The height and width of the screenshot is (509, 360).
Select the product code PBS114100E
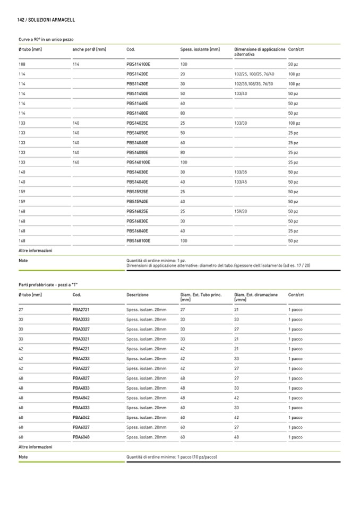pyautogui.click(x=139, y=64)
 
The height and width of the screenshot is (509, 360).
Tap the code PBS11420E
pyautogui.click(x=138, y=74)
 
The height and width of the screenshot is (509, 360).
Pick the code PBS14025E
pyautogui.click(x=138, y=123)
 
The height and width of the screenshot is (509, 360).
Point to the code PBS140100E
pyautogui.click(x=139, y=162)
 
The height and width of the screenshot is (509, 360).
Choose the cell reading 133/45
pyautogui.click(x=241, y=182)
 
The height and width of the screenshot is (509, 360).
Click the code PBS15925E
pyautogui.click(x=138, y=191)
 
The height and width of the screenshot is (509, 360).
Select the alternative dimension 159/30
pyautogui.click(x=241, y=211)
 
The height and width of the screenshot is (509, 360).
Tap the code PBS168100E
pyautogui.click(x=139, y=240)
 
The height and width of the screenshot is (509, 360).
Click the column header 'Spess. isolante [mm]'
pyautogui.click(x=200, y=49)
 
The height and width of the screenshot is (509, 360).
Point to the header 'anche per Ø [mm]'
pyautogui.click(x=89, y=49)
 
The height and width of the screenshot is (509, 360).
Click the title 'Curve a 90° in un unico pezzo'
pyautogui.click(x=46, y=39)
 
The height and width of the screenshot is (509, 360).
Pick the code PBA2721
pyautogui.click(x=81, y=309)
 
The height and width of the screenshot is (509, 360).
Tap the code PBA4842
pyautogui.click(x=81, y=398)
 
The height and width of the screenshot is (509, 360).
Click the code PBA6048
pyautogui.click(x=81, y=437)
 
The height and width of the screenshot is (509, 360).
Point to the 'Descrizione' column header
pyautogui.click(x=138, y=295)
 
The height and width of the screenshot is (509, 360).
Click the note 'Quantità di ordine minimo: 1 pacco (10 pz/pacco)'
pyautogui.click(x=172, y=457)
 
